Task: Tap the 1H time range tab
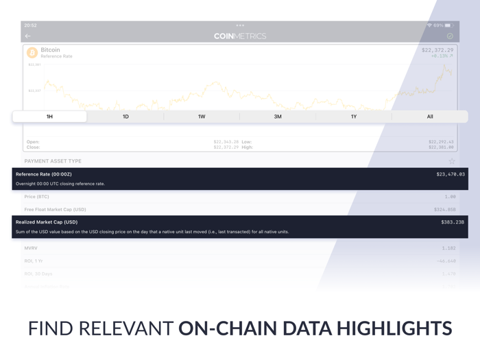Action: (49, 117)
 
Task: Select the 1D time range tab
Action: (125, 117)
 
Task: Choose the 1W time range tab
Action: (202, 117)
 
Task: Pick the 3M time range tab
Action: (278, 117)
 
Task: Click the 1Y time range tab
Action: (354, 117)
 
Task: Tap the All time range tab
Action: (430, 117)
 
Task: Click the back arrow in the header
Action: (28, 36)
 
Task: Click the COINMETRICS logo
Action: (240, 36)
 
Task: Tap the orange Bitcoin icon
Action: (32, 53)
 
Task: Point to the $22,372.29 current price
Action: (437, 50)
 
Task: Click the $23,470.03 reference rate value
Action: (450, 174)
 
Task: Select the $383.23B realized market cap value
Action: (452, 222)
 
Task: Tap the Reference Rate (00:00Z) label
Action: (44, 174)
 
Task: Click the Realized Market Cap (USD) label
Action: (47, 222)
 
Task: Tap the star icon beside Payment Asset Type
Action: (451, 161)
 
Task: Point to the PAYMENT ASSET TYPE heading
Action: (53, 161)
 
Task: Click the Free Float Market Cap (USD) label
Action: (55, 210)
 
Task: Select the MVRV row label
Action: (31, 248)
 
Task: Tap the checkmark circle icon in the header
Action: (450, 36)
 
